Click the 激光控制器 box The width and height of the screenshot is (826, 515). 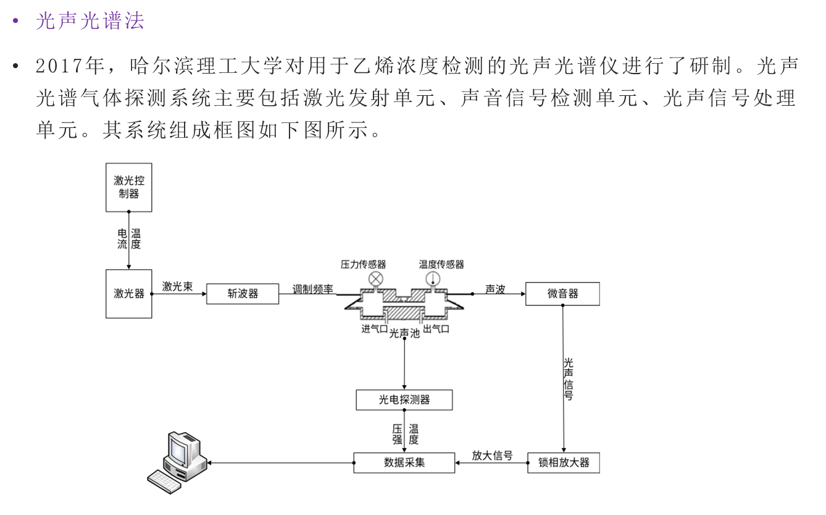(128, 187)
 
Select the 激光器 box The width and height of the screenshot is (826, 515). (128, 294)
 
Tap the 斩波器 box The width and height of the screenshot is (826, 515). (242, 294)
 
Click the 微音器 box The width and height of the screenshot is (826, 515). (562, 294)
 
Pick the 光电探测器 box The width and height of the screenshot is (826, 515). (404, 400)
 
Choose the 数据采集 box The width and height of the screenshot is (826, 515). (404, 462)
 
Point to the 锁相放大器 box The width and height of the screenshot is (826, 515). (563, 462)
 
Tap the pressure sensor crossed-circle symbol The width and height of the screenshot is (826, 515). (376, 279)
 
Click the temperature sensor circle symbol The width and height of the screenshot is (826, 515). (432, 279)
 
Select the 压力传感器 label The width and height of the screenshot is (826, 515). (364, 264)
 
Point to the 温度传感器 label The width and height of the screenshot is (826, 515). (441, 264)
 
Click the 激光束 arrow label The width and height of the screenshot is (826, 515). (178, 286)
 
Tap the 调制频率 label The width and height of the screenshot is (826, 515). (313, 289)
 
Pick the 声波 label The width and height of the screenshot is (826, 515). (495, 289)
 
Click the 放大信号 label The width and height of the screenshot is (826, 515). (492, 456)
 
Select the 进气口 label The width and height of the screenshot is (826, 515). (374, 329)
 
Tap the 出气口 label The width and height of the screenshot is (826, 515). (436, 329)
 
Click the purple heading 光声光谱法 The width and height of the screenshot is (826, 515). (90, 20)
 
